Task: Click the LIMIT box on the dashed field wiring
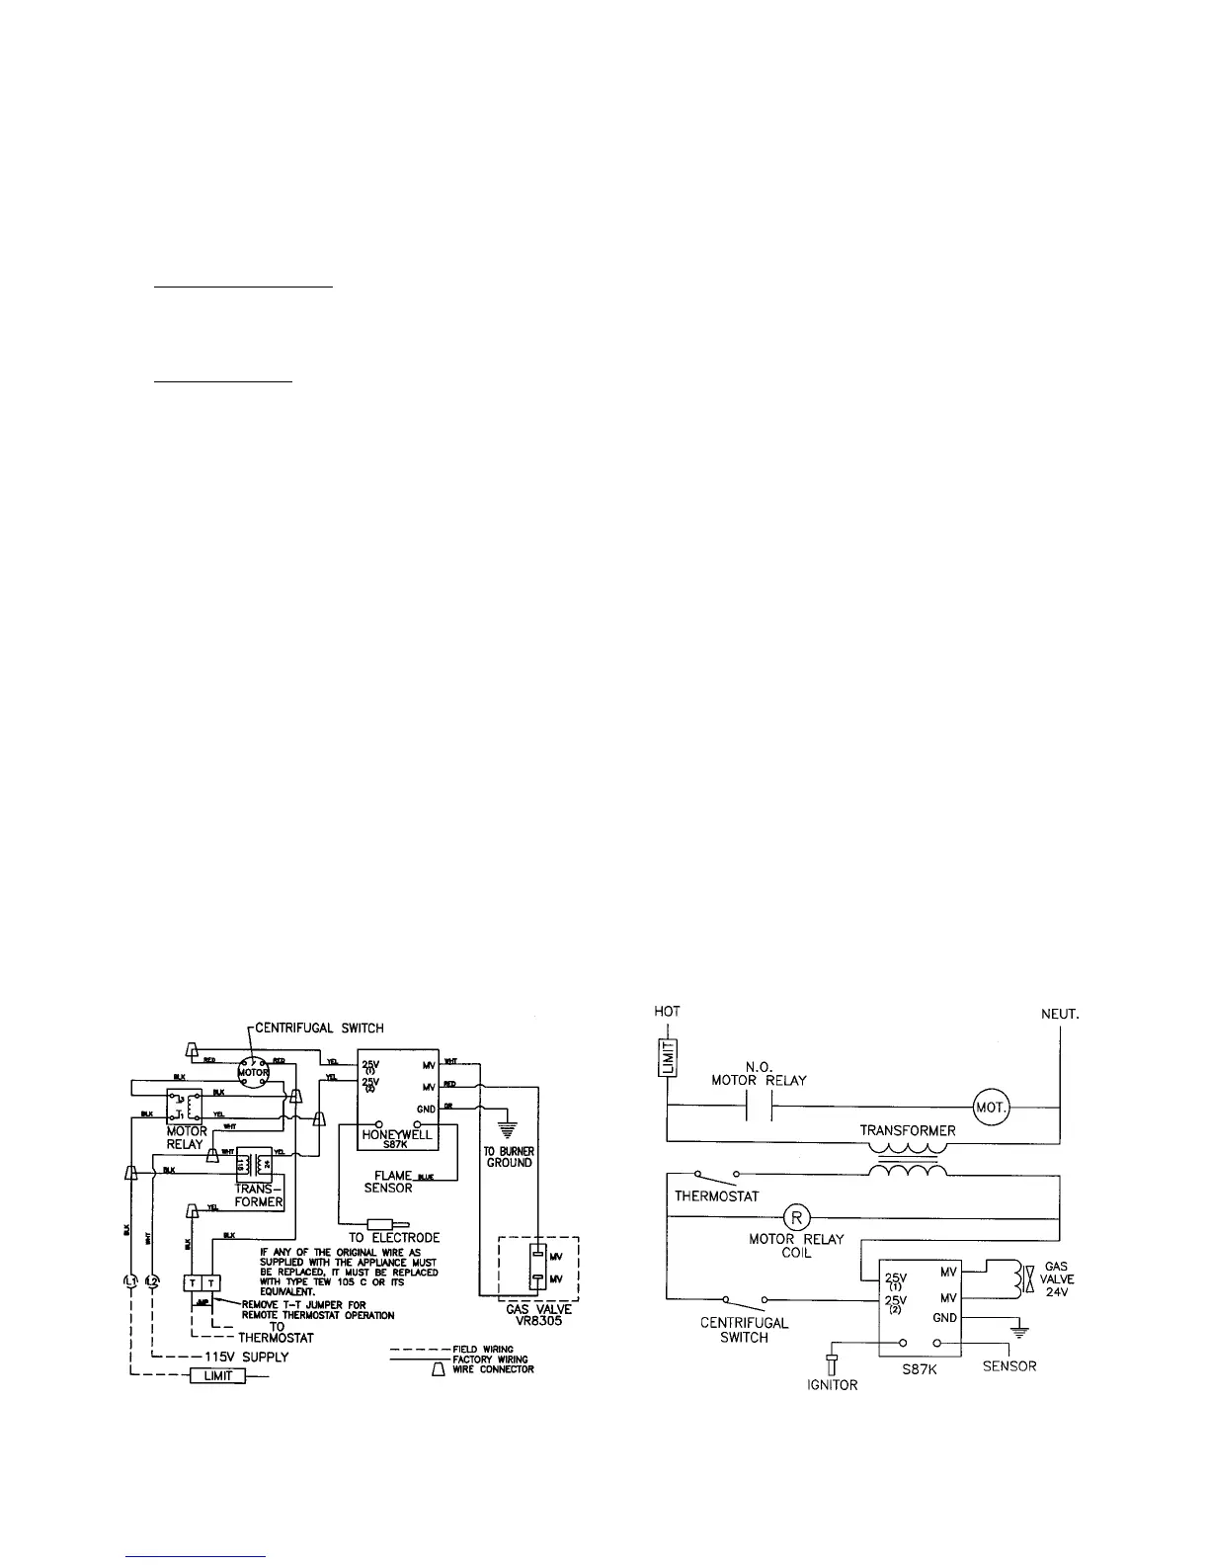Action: click(x=218, y=1375)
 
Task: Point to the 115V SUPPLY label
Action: click(x=251, y=1357)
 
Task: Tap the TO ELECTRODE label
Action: click(x=394, y=1237)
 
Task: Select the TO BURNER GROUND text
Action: click(x=509, y=1157)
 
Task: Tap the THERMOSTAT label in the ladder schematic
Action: click(x=716, y=1196)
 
